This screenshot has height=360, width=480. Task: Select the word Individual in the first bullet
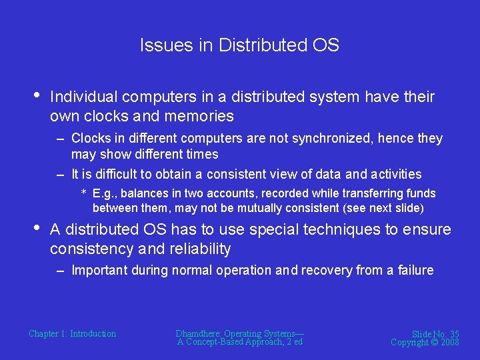(x=83, y=97)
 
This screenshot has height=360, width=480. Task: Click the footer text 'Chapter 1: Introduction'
(x=72, y=333)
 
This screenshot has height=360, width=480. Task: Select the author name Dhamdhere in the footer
(x=198, y=333)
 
